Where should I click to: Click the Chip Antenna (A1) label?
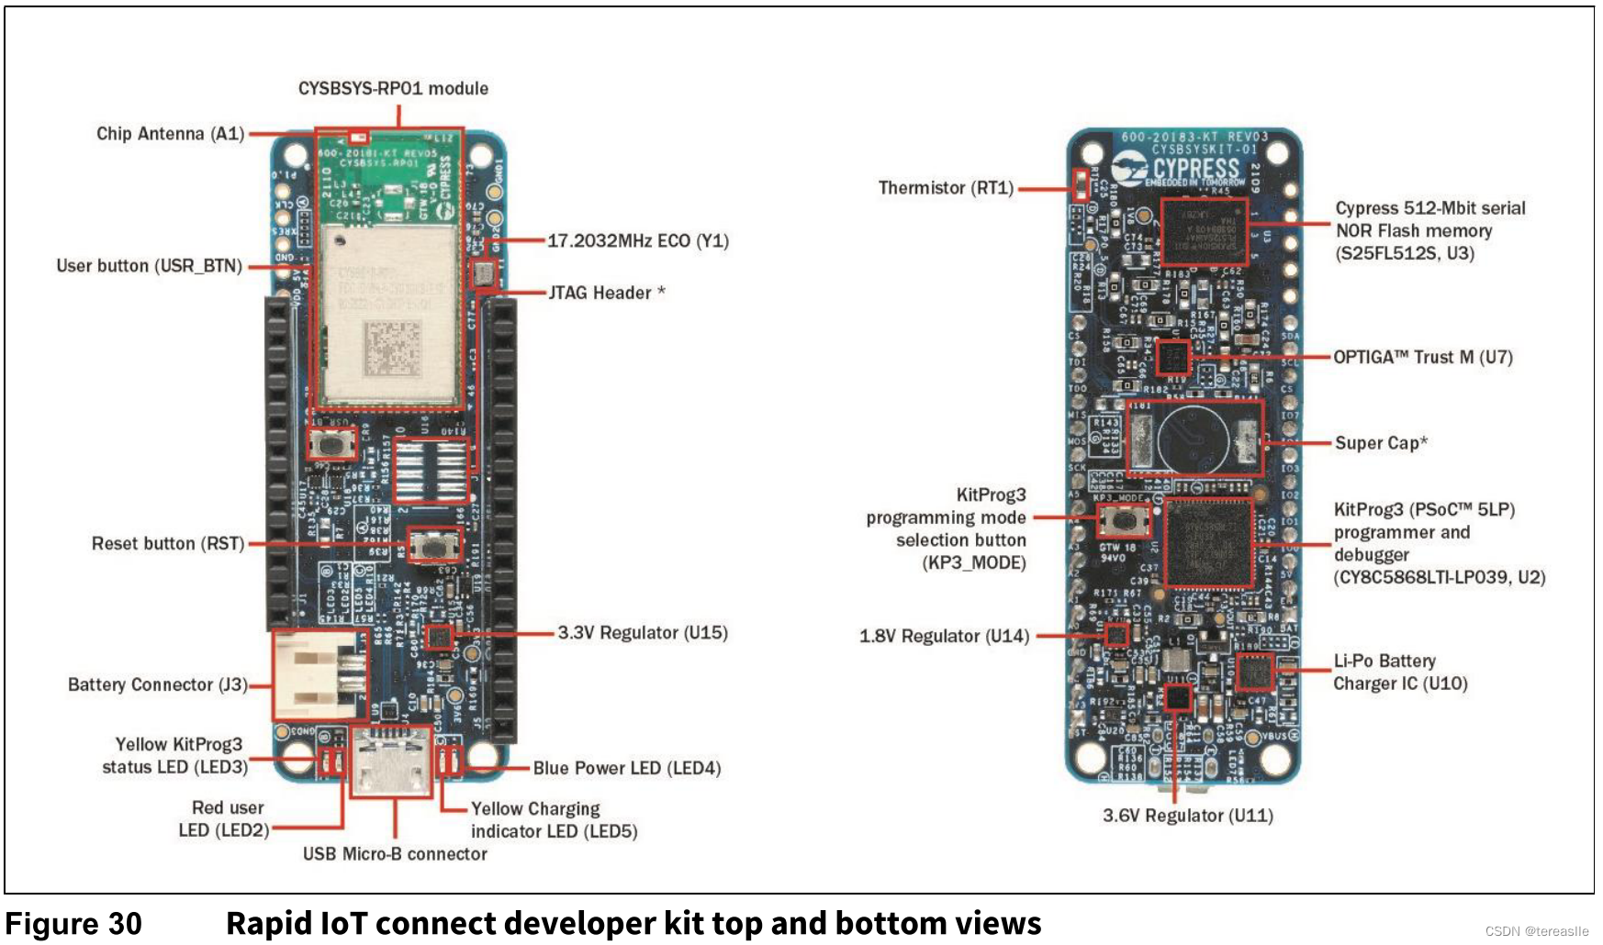click(x=170, y=134)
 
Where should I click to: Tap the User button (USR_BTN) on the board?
click(x=332, y=444)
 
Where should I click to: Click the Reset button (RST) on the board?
click(x=435, y=545)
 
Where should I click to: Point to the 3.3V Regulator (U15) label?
click(x=643, y=633)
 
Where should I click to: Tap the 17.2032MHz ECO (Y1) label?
click(x=638, y=241)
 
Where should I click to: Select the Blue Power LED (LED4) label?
click(x=627, y=768)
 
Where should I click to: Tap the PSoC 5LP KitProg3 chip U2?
click(x=1208, y=543)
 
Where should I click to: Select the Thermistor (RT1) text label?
click(x=946, y=188)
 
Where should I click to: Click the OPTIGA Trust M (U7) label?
click(x=1422, y=357)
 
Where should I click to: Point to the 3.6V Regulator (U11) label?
click(x=1187, y=816)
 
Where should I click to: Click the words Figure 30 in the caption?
click(x=73, y=923)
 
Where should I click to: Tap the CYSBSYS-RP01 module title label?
click(x=393, y=89)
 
